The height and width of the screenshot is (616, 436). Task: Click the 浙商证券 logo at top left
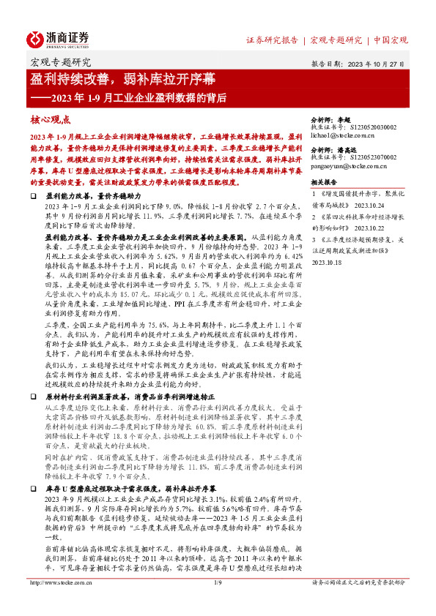click(59, 39)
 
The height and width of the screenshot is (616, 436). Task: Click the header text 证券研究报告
click(272, 40)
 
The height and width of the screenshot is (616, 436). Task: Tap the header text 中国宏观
click(391, 40)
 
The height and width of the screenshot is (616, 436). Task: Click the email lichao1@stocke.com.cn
click(347, 136)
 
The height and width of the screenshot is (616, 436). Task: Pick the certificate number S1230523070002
click(372, 157)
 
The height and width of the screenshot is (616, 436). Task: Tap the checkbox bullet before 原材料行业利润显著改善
click(34, 394)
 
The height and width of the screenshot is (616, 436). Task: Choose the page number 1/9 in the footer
click(218, 604)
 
